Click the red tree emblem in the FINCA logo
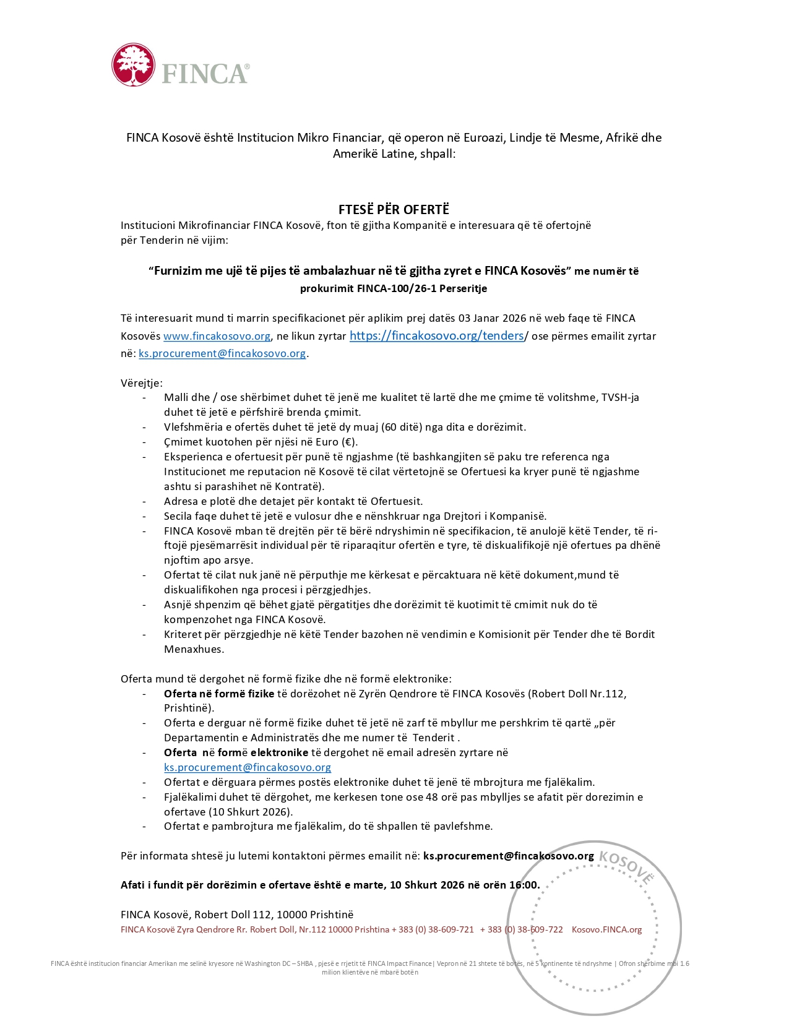(133, 64)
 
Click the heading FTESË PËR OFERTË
(394, 210)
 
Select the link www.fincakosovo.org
(217, 336)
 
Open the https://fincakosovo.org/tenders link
(436, 335)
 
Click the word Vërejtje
(141, 383)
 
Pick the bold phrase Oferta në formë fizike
(219, 694)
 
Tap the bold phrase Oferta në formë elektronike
(236, 752)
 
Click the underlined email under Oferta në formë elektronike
(247, 767)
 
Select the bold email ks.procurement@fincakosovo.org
(508, 856)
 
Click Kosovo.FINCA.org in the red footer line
(606, 929)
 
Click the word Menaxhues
(194, 649)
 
